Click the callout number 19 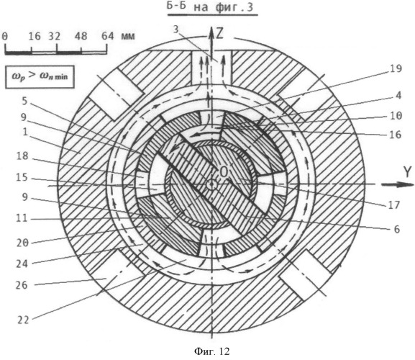click(x=396, y=69)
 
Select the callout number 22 click(x=23, y=320)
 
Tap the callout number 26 click(x=22, y=285)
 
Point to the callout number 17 click(x=394, y=204)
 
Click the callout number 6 click(x=397, y=230)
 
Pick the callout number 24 click(x=22, y=264)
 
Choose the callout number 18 click(x=22, y=156)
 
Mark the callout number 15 click(x=22, y=178)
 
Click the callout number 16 click(x=396, y=135)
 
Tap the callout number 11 click(x=22, y=219)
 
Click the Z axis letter click(x=219, y=34)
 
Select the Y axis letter click(x=408, y=173)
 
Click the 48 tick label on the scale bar click(x=81, y=36)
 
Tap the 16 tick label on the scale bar click(x=35, y=36)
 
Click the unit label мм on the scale click(x=128, y=36)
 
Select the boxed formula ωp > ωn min click(x=40, y=77)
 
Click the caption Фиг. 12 click(x=212, y=351)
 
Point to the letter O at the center click(x=224, y=173)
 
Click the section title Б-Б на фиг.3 click(x=210, y=7)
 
